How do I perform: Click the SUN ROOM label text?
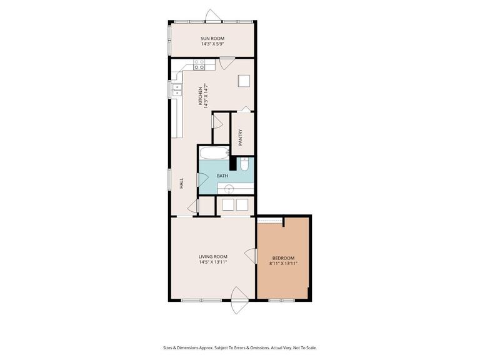(212, 39)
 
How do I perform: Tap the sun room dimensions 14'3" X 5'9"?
(212, 45)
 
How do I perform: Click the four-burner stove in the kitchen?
(199, 64)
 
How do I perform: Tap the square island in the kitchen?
(244, 81)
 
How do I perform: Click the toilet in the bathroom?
(245, 164)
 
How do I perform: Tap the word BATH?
(222, 176)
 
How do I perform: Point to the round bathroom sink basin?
(229, 187)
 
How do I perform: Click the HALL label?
(181, 184)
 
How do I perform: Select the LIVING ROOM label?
(212, 257)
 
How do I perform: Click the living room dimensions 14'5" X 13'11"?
(212, 263)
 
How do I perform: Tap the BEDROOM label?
(284, 257)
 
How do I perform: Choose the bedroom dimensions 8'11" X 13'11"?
(284, 264)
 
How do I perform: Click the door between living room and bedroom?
(252, 256)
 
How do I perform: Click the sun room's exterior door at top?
(214, 16)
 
